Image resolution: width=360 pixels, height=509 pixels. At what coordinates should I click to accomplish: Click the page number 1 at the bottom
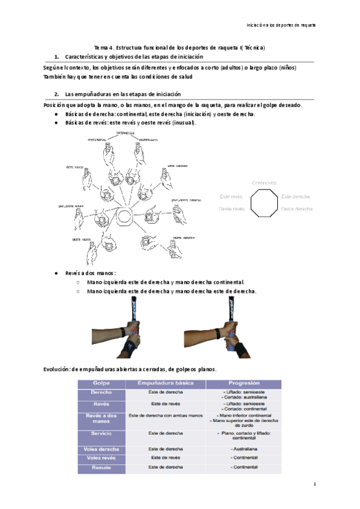point(314,484)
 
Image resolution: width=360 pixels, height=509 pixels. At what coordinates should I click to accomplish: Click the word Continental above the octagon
point(264,182)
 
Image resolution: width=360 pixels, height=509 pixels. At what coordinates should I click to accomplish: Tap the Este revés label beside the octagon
point(231,196)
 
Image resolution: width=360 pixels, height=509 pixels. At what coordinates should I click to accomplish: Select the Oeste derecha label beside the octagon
point(296,209)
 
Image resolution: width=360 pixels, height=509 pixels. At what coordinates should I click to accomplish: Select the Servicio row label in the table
point(101,432)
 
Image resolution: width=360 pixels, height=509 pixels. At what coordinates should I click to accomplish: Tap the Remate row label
point(101,466)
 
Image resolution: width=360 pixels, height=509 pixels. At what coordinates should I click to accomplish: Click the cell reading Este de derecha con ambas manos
point(166,415)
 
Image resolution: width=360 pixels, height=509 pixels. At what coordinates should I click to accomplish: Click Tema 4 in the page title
point(104,47)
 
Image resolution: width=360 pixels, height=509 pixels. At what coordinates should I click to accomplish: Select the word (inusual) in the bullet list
point(183,122)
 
